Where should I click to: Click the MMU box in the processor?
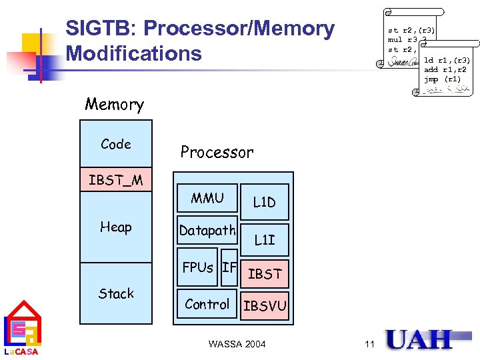pyautogui.click(x=207, y=198)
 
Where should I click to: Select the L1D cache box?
pyautogui.click(x=264, y=202)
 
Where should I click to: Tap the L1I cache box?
pyautogui.click(x=264, y=239)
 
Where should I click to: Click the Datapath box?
pyautogui.click(x=207, y=231)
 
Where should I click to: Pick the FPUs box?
pyautogui.click(x=198, y=267)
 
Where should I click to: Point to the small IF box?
pyautogui.click(x=229, y=267)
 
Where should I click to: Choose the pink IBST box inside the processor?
pyautogui.click(x=265, y=273)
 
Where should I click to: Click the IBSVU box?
pyautogui.click(x=265, y=306)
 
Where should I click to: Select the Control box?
pyautogui.click(x=207, y=304)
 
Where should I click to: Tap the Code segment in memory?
pyautogui.click(x=116, y=144)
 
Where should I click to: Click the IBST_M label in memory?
pyautogui.click(x=116, y=181)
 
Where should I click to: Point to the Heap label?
pyautogui.click(x=116, y=227)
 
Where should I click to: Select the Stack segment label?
pyautogui.click(x=116, y=293)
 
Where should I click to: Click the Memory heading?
pyautogui.click(x=114, y=105)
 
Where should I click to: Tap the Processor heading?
pyautogui.click(x=217, y=152)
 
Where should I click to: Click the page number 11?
pyautogui.click(x=370, y=344)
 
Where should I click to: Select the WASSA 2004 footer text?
pyautogui.click(x=237, y=344)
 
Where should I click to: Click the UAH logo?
pyautogui.click(x=419, y=339)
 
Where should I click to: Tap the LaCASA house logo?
pyautogui.click(x=22, y=328)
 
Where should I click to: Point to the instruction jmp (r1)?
pyautogui.click(x=442, y=79)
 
